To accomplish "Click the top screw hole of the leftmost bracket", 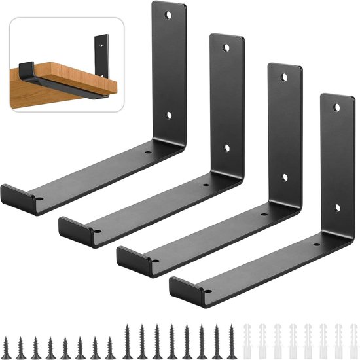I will (x=168, y=14).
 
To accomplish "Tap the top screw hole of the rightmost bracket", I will (x=337, y=107).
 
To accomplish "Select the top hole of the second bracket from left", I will (x=226, y=48).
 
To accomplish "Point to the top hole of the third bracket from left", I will (x=284, y=77).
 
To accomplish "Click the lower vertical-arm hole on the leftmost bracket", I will (x=168, y=115).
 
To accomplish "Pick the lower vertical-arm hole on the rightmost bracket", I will (x=337, y=208).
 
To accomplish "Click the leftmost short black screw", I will (x=22, y=336).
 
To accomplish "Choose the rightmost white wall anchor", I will (x=351, y=334).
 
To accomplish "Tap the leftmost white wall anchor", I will (x=247, y=334).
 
